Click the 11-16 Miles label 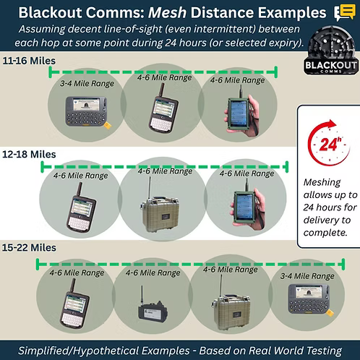click(29, 61)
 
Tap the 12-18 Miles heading click(29, 154)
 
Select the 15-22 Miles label click(29, 248)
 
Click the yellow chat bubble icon click(345, 12)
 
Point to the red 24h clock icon click(329, 143)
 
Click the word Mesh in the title click(167, 12)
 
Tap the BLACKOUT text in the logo click(331, 65)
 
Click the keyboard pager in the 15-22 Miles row click(310, 299)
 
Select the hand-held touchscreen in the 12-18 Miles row click(248, 205)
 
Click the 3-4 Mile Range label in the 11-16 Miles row click(87, 83)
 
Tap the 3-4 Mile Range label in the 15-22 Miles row click(307, 276)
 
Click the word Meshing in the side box click(322, 183)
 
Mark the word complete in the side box click(325, 233)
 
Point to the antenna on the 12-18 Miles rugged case click(150, 189)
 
